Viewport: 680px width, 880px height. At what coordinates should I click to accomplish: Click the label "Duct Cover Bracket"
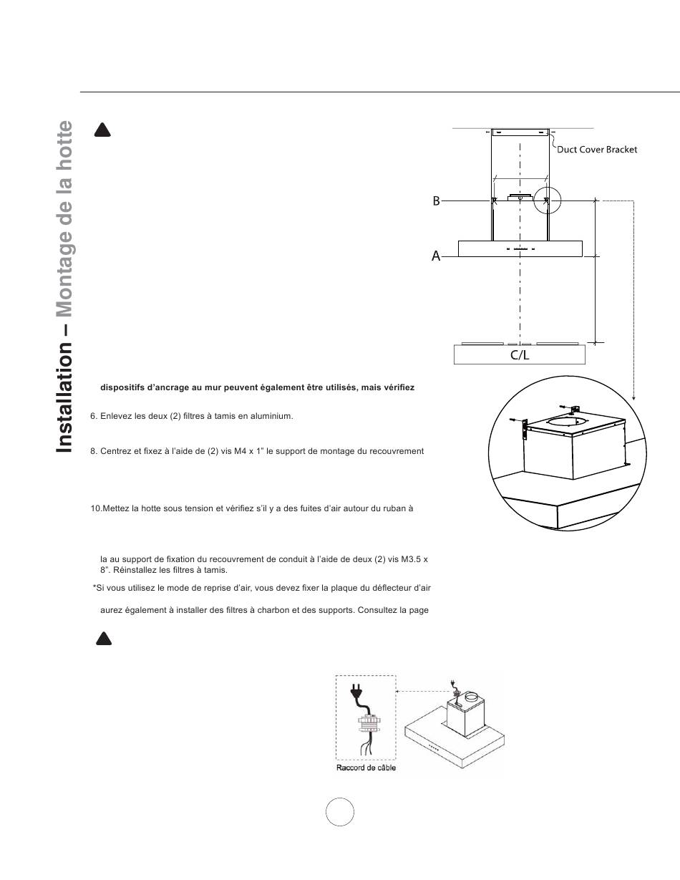[597, 150]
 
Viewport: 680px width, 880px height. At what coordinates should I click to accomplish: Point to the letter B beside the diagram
[436, 202]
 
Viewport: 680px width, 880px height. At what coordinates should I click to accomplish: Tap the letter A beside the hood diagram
[435, 256]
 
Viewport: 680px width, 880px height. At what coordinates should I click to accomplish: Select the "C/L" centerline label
[520, 355]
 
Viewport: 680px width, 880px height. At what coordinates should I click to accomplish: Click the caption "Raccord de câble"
[366, 768]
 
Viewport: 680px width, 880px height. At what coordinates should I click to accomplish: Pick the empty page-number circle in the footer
[340, 811]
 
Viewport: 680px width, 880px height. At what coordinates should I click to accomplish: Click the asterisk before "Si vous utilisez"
[94, 587]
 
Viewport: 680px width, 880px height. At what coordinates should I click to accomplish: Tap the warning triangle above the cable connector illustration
[104, 638]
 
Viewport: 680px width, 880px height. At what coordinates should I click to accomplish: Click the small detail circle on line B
[548, 202]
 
